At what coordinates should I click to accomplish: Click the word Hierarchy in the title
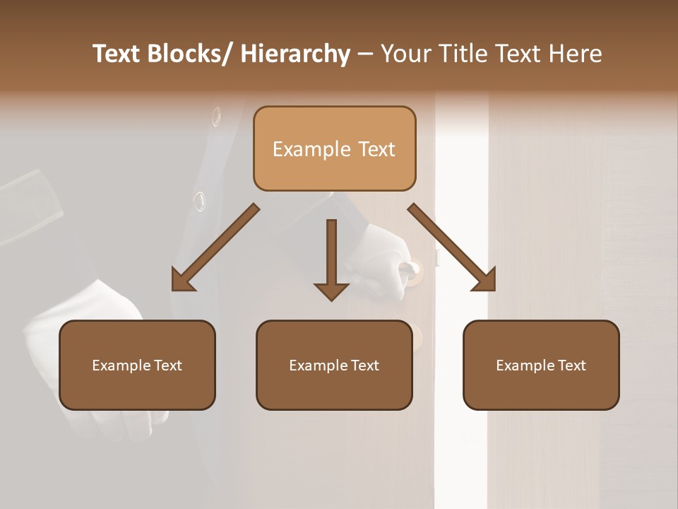tap(295, 54)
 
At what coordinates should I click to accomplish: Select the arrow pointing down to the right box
tap(452, 247)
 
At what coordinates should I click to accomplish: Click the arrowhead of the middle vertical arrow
tap(331, 291)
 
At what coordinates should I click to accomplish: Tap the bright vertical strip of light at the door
tap(462, 212)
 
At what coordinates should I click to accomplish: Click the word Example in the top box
tap(309, 150)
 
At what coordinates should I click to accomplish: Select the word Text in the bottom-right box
tap(571, 365)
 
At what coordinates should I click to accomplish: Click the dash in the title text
tap(365, 54)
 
